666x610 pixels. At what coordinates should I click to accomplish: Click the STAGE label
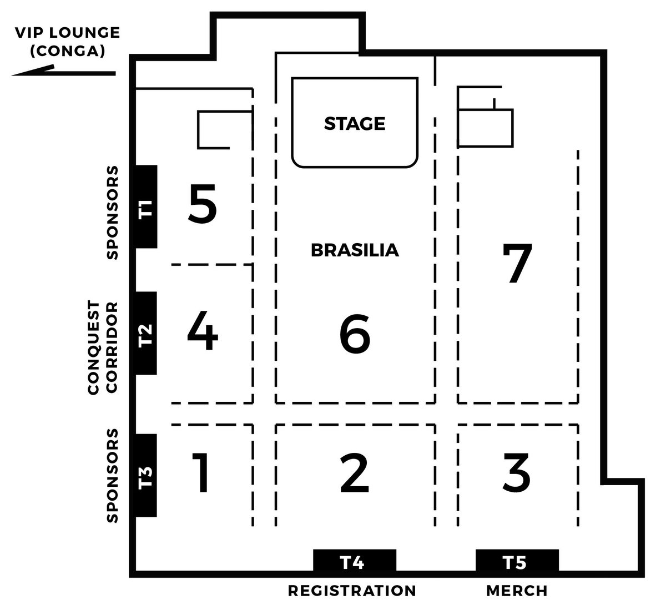pyautogui.click(x=355, y=124)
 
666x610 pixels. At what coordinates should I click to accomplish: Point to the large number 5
pyautogui.click(x=203, y=204)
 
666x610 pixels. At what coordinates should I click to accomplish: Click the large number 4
pyautogui.click(x=203, y=330)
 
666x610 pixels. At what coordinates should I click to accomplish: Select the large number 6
pyautogui.click(x=355, y=334)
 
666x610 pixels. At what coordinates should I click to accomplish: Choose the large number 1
pyautogui.click(x=201, y=472)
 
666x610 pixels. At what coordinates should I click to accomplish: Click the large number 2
pyautogui.click(x=355, y=473)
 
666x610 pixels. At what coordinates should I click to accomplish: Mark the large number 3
pyautogui.click(x=516, y=473)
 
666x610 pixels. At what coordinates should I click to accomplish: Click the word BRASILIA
pyautogui.click(x=355, y=250)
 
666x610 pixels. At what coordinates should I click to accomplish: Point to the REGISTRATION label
pyautogui.click(x=352, y=591)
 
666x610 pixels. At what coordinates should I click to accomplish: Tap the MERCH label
pyautogui.click(x=517, y=591)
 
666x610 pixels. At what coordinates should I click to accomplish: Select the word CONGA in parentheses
pyautogui.click(x=68, y=51)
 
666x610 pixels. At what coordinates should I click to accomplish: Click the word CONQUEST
pyautogui.click(x=94, y=347)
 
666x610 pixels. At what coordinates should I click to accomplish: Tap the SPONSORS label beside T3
pyautogui.click(x=112, y=476)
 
